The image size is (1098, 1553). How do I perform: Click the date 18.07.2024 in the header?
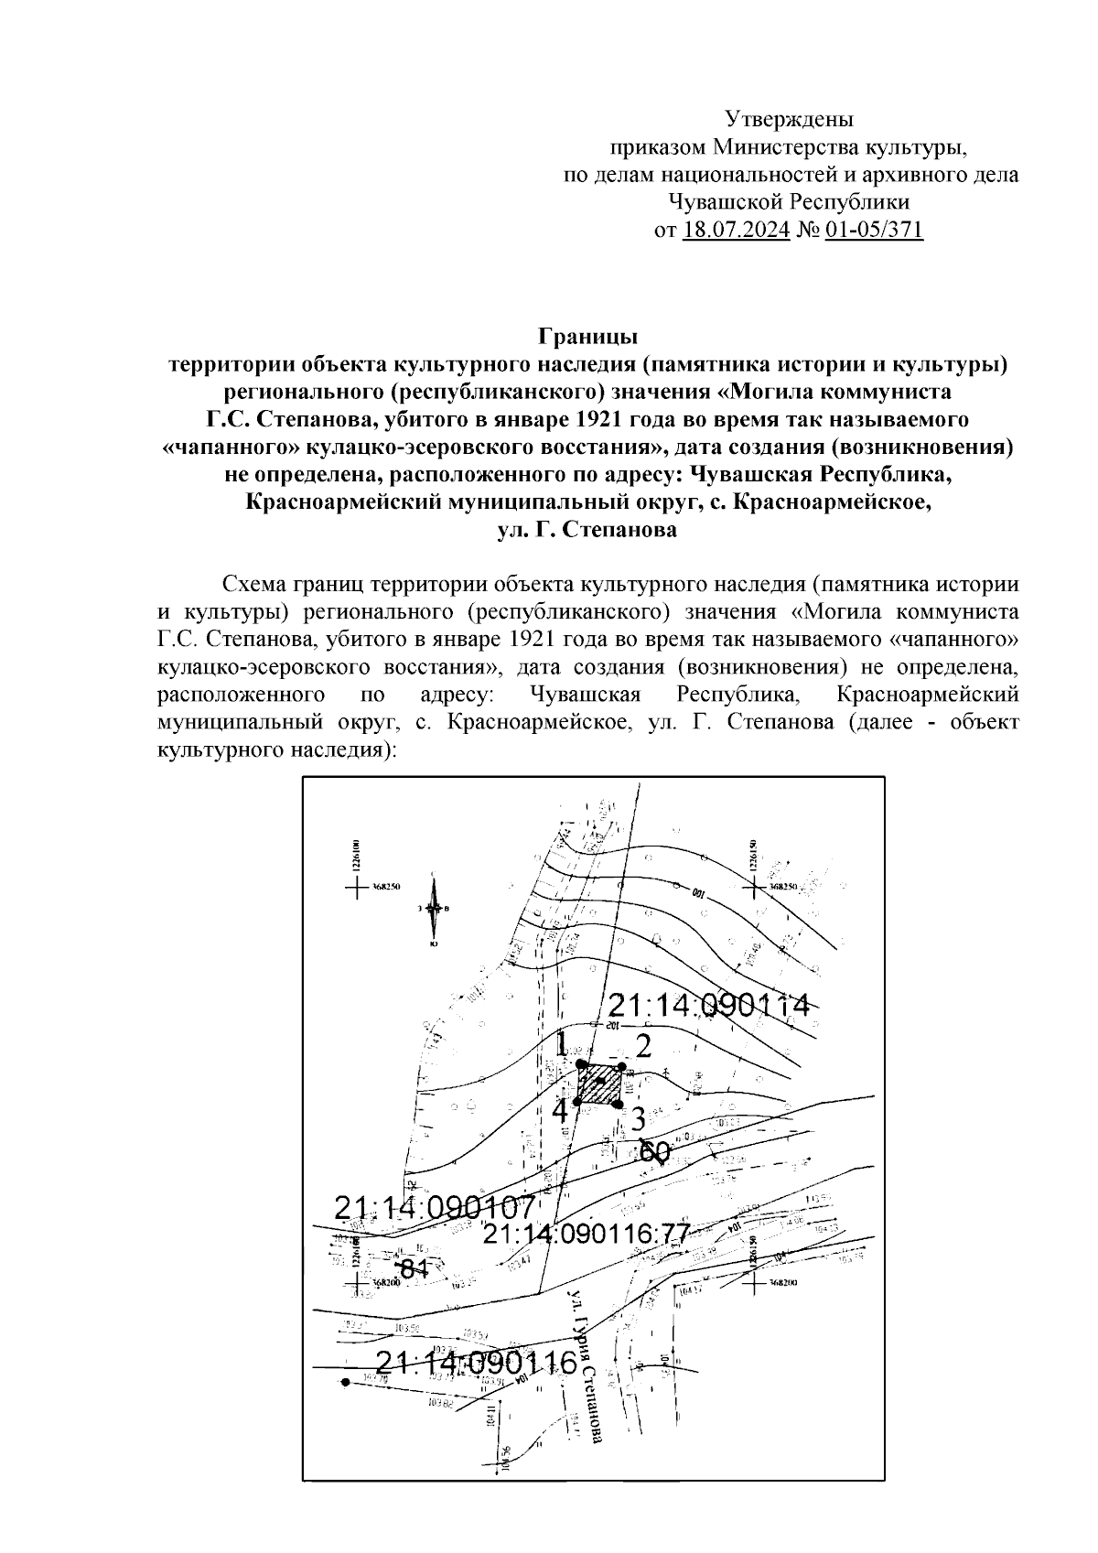(736, 229)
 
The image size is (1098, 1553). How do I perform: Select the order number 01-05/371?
(874, 229)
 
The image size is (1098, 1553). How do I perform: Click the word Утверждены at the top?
(789, 119)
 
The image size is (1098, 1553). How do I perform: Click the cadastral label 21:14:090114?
(709, 1006)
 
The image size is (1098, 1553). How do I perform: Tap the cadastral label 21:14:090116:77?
(586, 1234)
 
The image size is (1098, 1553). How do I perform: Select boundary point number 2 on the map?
(643, 1046)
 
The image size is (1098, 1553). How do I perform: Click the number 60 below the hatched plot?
(655, 1151)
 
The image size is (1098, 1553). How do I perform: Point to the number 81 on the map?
(415, 1268)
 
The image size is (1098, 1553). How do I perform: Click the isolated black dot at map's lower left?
(345, 1382)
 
